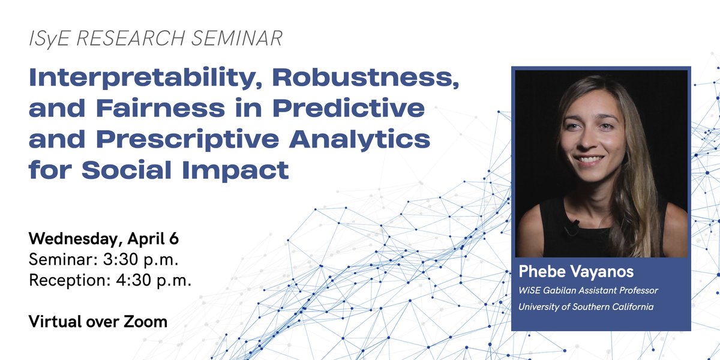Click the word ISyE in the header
pyautogui.click(x=50, y=39)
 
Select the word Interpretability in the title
pyautogui.click(x=148, y=79)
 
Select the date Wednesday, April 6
pyautogui.click(x=104, y=239)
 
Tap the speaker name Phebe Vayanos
pyautogui.click(x=575, y=272)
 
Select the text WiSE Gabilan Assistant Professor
pyautogui.click(x=588, y=290)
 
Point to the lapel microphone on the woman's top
pyautogui.click(x=572, y=226)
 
